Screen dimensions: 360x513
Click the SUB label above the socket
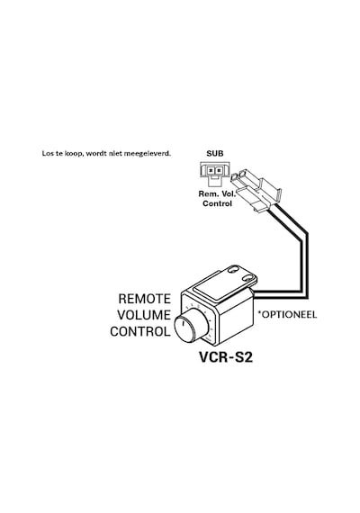pos(215,153)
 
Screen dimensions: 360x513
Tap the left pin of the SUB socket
pos(211,170)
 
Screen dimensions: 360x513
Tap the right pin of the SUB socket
pos(219,170)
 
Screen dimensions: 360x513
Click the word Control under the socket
pos(217,203)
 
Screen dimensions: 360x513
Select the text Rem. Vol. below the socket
pos(217,193)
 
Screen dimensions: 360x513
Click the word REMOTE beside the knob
pos(144,299)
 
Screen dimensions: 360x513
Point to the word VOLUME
pos(144,315)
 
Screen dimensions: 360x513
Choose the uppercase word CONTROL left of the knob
pos(140,331)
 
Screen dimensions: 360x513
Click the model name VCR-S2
pos(226,357)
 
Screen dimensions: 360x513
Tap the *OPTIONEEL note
pos(287,314)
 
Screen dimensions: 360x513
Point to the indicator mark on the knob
pos(183,325)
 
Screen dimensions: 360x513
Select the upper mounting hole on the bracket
pos(234,270)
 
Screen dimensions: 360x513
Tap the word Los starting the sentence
pos(47,153)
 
